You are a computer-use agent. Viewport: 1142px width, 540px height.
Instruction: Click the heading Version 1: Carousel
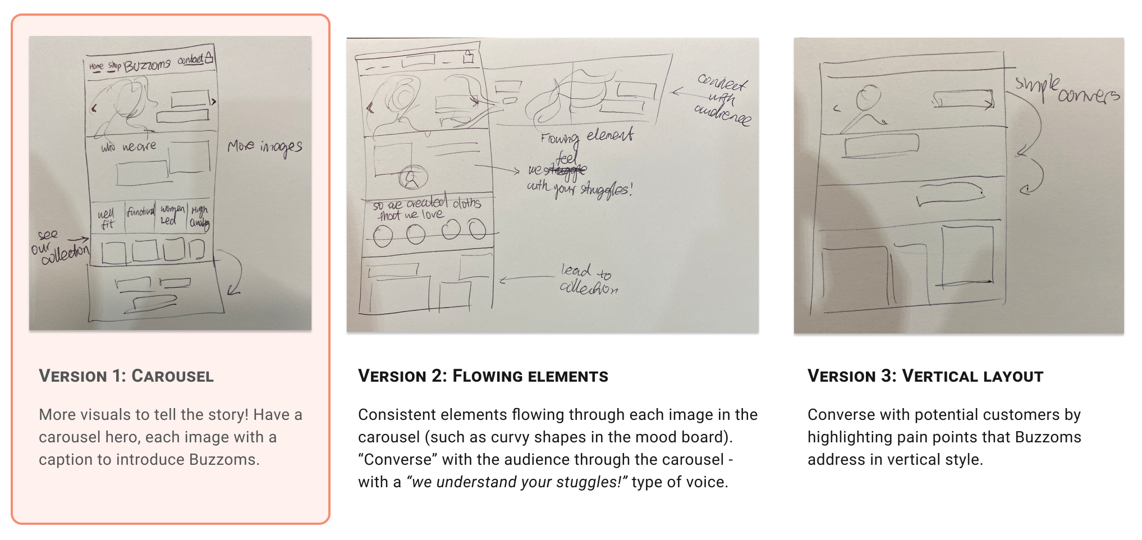pyautogui.click(x=126, y=376)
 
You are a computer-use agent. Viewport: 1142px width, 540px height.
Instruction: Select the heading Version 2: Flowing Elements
pyautogui.click(x=483, y=376)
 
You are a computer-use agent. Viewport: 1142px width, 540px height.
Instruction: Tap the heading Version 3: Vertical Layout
pyautogui.click(x=925, y=376)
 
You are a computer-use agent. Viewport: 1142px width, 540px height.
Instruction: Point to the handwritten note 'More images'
pyautogui.click(x=264, y=147)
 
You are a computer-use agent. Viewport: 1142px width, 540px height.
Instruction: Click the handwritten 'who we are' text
pyautogui.click(x=129, y=147)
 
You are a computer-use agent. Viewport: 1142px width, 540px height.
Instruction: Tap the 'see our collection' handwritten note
pyautogui.click(x=59, y=247)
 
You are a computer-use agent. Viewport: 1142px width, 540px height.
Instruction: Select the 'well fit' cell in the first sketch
pyautogui.click(x=106, y=219)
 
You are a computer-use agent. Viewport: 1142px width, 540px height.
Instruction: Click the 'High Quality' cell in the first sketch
pyautogui.click(x=199, y=217)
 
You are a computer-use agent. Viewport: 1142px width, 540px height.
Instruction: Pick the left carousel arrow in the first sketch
pyautogui.click(x=94, y=108)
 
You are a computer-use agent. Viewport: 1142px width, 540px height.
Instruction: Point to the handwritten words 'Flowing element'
pyautogui.click(x=586, y=136)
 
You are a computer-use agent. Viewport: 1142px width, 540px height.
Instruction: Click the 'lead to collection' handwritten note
pyautogui.click(x=588, y=279)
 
